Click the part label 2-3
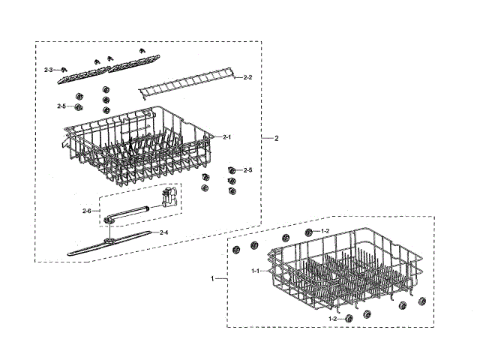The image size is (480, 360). coord(49,70)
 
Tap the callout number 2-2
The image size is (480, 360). coord(247,77)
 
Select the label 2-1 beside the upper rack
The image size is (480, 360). coord(227,137)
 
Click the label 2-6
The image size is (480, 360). coord(87,211)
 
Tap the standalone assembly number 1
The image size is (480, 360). coord(213,278)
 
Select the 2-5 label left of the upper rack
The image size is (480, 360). coord(61,106)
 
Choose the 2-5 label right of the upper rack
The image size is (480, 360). coord(247,170)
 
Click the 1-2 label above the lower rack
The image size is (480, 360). coord(325,230)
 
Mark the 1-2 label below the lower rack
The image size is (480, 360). coord(332,319)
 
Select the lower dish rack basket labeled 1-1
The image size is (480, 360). coord(337,270)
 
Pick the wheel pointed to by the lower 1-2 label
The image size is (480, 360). coord(349,319)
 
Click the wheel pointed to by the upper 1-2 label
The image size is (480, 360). coord(308,231)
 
